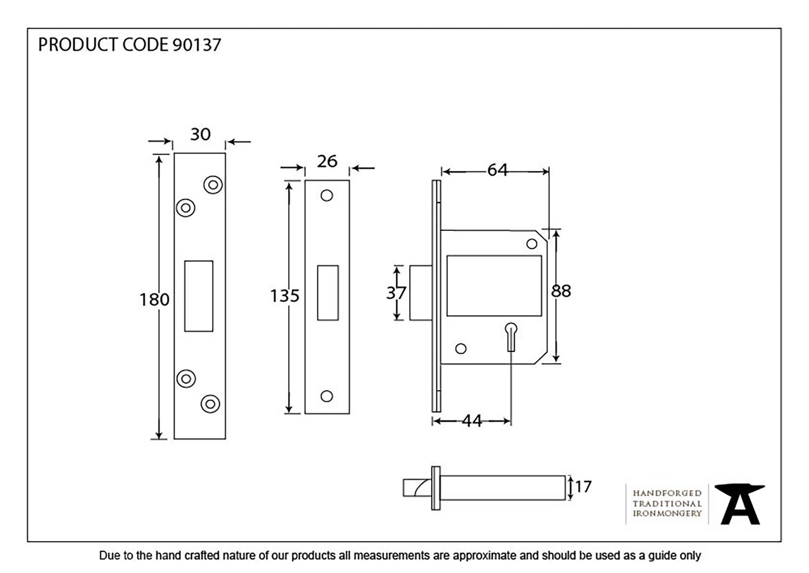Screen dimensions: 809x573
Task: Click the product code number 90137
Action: tap(196, 45)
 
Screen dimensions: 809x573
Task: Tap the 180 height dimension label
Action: tap(154, 300)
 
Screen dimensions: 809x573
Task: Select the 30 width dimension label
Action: tap(201, 134)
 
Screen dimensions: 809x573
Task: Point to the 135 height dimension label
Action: tap(285, 296)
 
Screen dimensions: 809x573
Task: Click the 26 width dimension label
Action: tap(327, 161)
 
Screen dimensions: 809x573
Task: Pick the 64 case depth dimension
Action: tap(497, 170)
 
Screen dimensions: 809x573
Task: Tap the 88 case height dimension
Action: tap(561, 291)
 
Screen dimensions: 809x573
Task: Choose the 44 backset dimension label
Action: tap(472, 421)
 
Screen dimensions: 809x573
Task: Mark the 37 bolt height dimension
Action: tap(396, 293)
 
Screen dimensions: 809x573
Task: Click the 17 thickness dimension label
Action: tap(583, 487)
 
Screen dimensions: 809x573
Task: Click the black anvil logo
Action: tap(740, 504)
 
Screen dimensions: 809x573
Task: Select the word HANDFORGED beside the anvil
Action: tap(667, 493)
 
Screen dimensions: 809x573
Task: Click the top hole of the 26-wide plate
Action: tap(327, 195)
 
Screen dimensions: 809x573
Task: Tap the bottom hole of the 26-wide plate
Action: tap(327, 396)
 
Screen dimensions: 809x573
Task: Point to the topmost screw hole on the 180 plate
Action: tap(213, 185)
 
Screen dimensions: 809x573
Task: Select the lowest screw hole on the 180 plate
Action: tap(210, 404)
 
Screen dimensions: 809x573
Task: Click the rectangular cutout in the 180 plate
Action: tap(198, 296)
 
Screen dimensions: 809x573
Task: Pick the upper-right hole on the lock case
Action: tap(532, 244)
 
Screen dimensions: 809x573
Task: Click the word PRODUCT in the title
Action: tap(77, 45)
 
